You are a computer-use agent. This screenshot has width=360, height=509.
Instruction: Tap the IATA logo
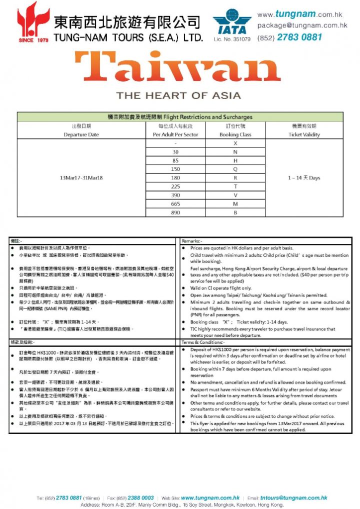231,22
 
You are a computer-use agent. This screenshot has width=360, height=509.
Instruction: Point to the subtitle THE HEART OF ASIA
178,95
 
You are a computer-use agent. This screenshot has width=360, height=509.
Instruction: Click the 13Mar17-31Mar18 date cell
81,177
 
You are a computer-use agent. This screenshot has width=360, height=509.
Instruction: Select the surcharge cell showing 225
175,186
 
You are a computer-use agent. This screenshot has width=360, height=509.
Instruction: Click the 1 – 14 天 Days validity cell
304,177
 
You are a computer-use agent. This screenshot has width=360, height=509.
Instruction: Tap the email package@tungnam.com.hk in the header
302,25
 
